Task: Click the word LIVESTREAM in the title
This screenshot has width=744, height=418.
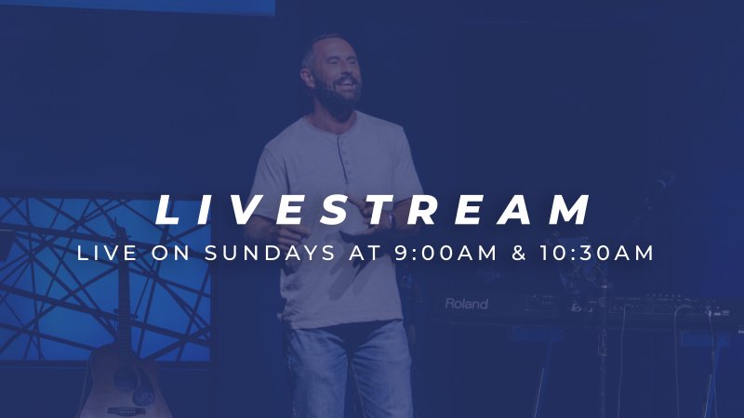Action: (372, 209)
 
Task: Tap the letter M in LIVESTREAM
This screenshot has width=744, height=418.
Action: (566, 209)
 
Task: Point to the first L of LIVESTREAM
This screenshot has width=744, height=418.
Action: (169, 209)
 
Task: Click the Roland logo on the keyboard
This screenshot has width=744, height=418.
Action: (466, 304)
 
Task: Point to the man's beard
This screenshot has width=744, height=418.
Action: (337, 99)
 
